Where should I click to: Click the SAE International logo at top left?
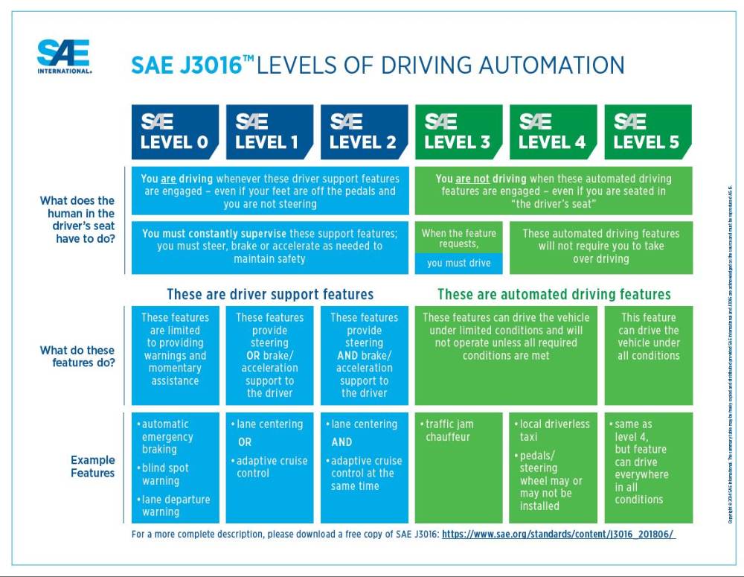pyautogui.click(x=64, y=57)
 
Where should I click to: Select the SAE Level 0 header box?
pyautogui.click(x=175, y=133)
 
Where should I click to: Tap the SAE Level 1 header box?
pyautogui.click(x=269, y=133)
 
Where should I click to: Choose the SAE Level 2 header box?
pyautogui.click(x=364, y=133)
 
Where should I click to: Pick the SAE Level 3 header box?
pyautogui.click(x=458, y=133)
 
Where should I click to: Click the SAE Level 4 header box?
pyautogui.click(x=553, y=133)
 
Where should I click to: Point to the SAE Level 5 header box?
pyautogui.click(x=647, y=133)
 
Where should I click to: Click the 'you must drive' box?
pyautogui.click(x=458, y=263)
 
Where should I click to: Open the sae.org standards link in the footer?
pyautogui.click(x=558, y=535)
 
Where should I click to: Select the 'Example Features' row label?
pyautogui.click(x=93, y=466)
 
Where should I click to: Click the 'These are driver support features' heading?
pyautogui.click(x=270, y=294)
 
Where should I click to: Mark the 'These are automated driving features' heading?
pyautogui.click(x=554, y=294)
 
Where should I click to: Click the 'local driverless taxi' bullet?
pyautogui.click(x=554, y=430)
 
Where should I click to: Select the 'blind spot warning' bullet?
pyautogui.click(x=164, y=474)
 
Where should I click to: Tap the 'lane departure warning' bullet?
pyautogui.click(x=175, y=506)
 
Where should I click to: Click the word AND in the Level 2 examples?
pyautogui.click(x=343, y=442)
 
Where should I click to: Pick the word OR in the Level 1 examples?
pyautogui.click(x=245, y=442)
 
